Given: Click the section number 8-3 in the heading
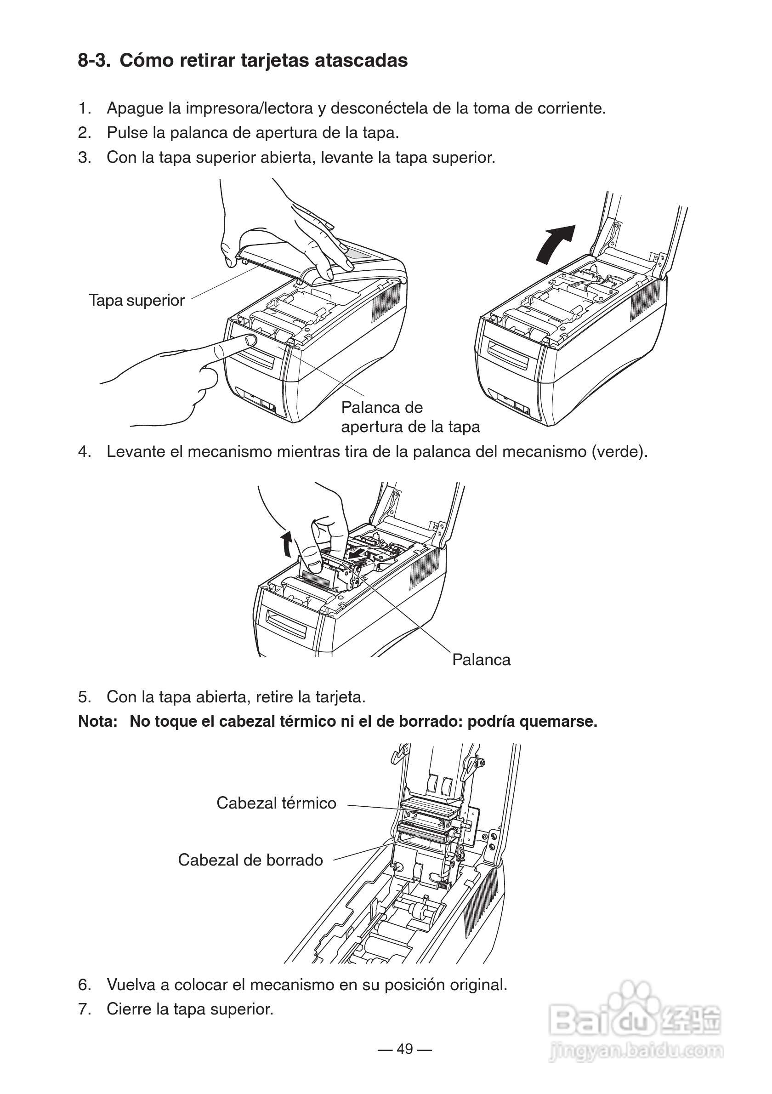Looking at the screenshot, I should (x=94, y=61).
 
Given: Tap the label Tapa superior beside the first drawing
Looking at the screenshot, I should (x=136, y=301).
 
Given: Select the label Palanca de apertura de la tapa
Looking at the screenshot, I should (x=410, y=417).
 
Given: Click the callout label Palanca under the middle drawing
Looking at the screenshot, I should (x=481, y=660).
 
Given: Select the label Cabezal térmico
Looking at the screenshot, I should (x=276, y=803).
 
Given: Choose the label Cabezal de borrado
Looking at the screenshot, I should (x=250, y=860).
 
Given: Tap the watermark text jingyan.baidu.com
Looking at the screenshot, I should (x=636, y=1051).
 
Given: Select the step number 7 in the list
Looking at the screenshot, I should (x=84, y=1009).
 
